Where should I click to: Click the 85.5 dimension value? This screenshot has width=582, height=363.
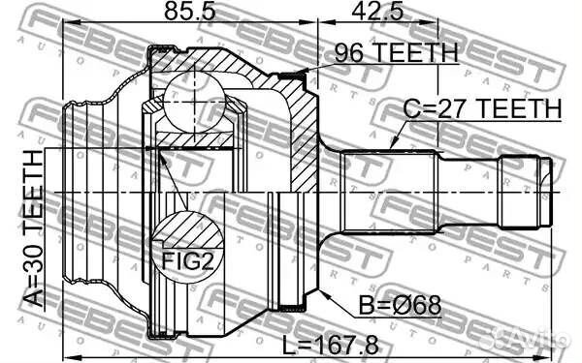pos(190,11)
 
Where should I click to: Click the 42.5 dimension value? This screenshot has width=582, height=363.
pos(377,11)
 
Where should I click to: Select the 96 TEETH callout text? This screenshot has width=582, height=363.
pos(396,52)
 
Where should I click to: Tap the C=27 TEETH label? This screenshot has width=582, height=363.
pos(482,108)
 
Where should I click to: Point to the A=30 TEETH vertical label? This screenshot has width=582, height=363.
pos(34,228)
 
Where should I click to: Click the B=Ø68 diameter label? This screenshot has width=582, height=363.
pos(400,305)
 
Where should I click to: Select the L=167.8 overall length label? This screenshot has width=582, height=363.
pos(331,346)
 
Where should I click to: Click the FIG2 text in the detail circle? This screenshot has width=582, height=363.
pos(188,260)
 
